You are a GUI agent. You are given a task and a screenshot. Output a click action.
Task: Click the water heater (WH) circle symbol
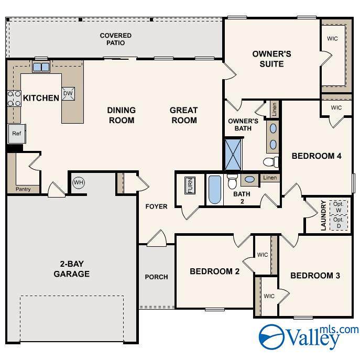coord(79,183)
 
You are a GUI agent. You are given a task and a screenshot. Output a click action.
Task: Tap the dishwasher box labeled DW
coord(68,94)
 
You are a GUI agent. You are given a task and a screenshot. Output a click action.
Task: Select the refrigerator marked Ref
coord(17,134)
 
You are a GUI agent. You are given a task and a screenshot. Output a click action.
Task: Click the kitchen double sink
coord(41,67)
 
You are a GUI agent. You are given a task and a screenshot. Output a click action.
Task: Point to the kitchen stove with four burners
coord(14,99)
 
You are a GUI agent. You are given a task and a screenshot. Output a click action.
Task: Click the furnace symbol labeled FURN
coord(190,186)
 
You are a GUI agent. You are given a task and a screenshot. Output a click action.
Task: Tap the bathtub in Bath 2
coord(215,190)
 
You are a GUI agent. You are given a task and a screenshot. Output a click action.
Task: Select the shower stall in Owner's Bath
coord(233,154)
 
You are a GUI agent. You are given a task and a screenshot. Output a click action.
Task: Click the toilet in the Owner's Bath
coord(271,162)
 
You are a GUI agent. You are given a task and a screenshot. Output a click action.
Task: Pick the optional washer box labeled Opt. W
coord(339,207)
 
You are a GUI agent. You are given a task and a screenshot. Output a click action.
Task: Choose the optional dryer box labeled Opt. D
coord(339,223)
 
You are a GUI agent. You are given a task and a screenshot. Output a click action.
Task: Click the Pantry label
coord(23,189)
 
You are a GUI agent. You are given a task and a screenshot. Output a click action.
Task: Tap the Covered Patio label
coord(116,39)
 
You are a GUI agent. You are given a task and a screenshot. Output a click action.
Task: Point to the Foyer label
coord(156,206)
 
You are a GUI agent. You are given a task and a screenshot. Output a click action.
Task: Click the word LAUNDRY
coord(323,215)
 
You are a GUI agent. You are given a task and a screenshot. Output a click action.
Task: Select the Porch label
coord(156,277)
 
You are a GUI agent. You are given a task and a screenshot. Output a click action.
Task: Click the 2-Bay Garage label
coord(72,269)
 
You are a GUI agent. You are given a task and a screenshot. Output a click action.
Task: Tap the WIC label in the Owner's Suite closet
coord(332,39)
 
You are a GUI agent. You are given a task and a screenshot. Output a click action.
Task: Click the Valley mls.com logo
coord(308,337)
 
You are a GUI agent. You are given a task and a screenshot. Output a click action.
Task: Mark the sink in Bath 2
coord(249,179)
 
